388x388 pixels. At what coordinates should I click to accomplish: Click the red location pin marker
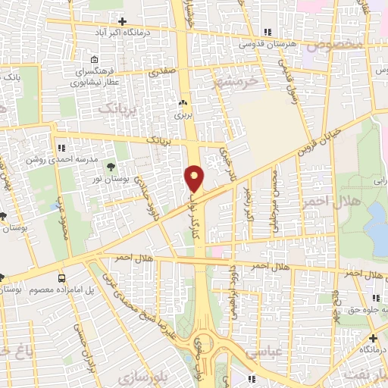(x=195, y=178)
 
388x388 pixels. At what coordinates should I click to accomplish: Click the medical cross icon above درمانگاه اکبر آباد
(x=122, y=20)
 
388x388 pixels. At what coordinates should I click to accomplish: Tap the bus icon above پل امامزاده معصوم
(x=61, y=278)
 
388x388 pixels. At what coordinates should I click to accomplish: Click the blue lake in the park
(x=377, y=228)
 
